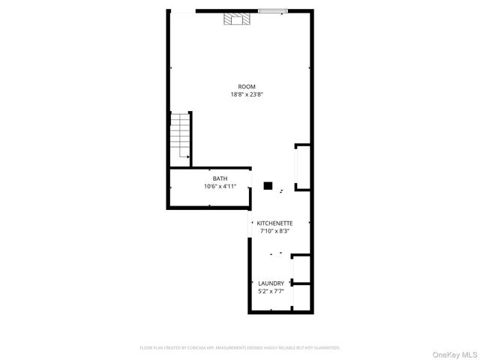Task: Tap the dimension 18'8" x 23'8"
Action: coord(246,94)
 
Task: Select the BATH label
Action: coord(220,178)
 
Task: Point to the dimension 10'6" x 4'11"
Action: coord(220,186)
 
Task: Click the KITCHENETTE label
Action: coord(274,223)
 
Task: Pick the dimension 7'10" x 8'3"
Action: coord(274,231)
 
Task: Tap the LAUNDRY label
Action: coord(271,283)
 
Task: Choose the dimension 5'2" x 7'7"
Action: coord(271,291)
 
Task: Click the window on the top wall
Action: coord(272,10)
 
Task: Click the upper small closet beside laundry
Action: coord(301,268)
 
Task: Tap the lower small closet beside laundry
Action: coord(301,298)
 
